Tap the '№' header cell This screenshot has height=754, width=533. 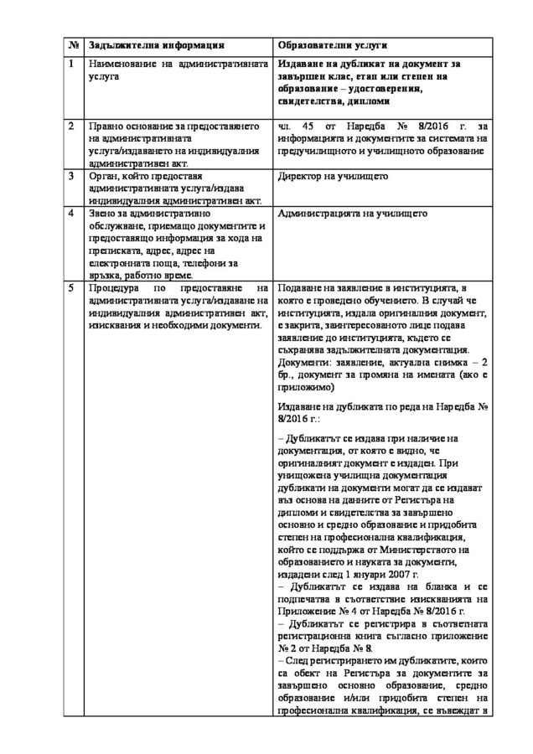pos(73,44)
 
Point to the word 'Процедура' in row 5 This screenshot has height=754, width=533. pos(113,287)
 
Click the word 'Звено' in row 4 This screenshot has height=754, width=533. pos(103,214)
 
